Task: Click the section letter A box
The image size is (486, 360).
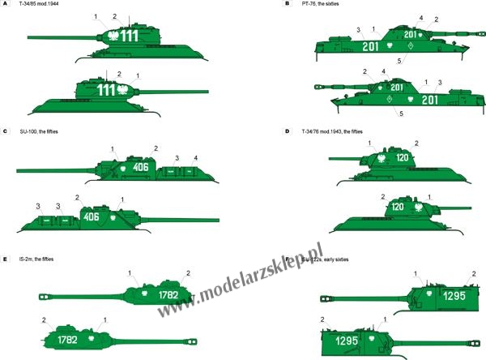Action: click(4, 4)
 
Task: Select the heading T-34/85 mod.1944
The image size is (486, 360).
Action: click(38, 4)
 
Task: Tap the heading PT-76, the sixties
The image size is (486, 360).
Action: click(321, 4)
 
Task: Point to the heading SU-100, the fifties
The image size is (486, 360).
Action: click(39, 131)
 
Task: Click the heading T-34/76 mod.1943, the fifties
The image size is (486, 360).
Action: click(332, 131)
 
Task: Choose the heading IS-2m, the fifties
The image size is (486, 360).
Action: click(36, 259)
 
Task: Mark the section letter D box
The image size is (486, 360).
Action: click(288, 131)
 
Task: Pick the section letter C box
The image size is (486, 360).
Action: click(4, 131)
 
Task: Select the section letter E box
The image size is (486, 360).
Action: click(4, 259)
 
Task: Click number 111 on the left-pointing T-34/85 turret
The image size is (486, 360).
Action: click(129, 36)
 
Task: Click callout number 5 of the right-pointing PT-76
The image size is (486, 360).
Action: click(399, 61)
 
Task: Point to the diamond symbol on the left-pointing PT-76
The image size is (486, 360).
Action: click(390, 99)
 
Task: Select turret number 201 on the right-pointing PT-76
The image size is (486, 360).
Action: click(410, 34)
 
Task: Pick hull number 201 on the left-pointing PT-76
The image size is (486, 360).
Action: click(429, 100)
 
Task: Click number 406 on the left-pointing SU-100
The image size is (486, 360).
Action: click(140, 167)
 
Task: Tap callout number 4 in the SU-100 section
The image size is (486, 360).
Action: click(195, 158)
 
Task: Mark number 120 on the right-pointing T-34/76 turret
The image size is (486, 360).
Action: click(398, 207)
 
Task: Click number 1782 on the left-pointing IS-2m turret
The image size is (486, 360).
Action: click(168, 295)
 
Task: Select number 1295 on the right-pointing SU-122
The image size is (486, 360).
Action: click(347, 341)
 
